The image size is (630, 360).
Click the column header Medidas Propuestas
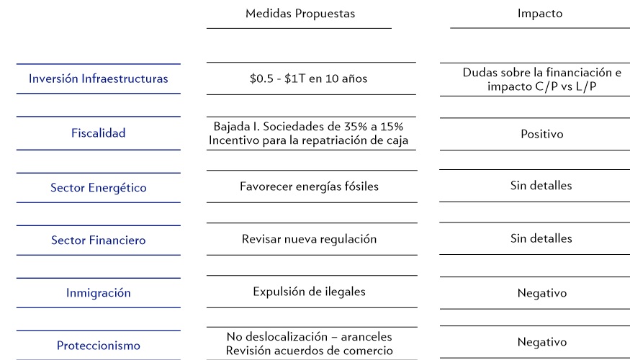[300, 14]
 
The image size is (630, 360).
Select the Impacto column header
[540, 14]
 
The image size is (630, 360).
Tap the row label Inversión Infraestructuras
[99, 78]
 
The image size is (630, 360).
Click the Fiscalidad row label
[99, 133]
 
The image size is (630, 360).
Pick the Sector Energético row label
[99, 188]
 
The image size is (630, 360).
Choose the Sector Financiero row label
[99, 240]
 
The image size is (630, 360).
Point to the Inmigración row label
[99, 293]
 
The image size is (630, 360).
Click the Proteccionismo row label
[99, 346]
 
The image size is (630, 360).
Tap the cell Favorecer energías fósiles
[310, 186]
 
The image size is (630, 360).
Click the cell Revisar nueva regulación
[310, 239]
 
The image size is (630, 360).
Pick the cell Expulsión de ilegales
[310, 292]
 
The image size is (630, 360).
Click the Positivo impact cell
[541, 134]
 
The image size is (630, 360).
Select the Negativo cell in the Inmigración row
[541, 293]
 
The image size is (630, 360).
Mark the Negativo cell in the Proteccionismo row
[541, 343]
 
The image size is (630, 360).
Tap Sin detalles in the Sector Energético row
[541, 186]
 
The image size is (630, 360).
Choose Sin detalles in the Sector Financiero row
[541, 238]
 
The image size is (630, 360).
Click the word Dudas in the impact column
[480, 73]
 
